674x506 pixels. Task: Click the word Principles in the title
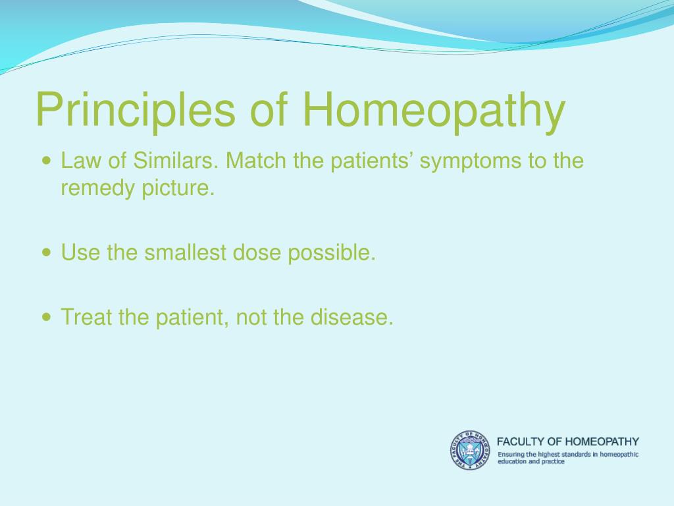(x=136, y=109)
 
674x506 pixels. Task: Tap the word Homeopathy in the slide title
(x=434, y=109)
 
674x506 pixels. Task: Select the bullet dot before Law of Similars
(x=47, y=161)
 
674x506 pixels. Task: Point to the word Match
(x=256, y=161)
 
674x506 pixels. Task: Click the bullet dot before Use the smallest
(x=47, y=252)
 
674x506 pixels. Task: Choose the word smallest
(x=185, y=252)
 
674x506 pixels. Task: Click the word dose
(x=257, y=252)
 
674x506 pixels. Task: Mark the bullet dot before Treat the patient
(x=47, y=317)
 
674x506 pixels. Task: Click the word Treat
(x=87, y=317)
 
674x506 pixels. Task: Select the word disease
(x=351, y=317)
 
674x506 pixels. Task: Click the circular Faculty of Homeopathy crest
(x=470, y=450)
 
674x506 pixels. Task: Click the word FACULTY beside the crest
(x=521, y=441)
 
